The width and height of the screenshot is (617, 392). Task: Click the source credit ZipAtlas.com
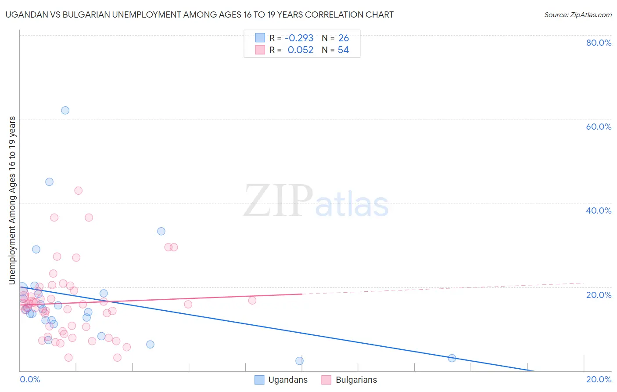pos(578,15)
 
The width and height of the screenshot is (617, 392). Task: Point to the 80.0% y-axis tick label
pos(599,43)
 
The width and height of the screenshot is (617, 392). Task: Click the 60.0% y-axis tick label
pos(599,127)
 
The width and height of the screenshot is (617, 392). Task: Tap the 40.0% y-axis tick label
pos(599,211)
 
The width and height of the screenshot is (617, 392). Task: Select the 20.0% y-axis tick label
pos(599,295)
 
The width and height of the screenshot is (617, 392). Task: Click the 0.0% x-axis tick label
pos(30,379)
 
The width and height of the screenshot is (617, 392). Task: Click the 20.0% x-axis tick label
pos(599,379)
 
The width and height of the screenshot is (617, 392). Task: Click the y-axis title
pos(12,200)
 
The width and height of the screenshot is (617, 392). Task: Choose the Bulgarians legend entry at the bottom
pos(349,380)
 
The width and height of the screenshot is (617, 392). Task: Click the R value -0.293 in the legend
pos(299,38)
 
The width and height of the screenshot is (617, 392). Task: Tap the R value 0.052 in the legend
pos(301,50)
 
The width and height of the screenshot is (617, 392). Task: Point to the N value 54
pos(343,50)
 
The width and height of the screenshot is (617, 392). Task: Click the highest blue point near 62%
pos(65,110)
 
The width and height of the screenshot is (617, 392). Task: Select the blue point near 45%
pos(49,182)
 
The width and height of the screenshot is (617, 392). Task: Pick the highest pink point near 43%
pos(78,191)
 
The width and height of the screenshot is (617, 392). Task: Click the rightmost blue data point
pos(452,358)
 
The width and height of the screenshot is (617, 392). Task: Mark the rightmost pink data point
pos(252,301)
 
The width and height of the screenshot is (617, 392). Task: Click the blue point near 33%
pos(161,231)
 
